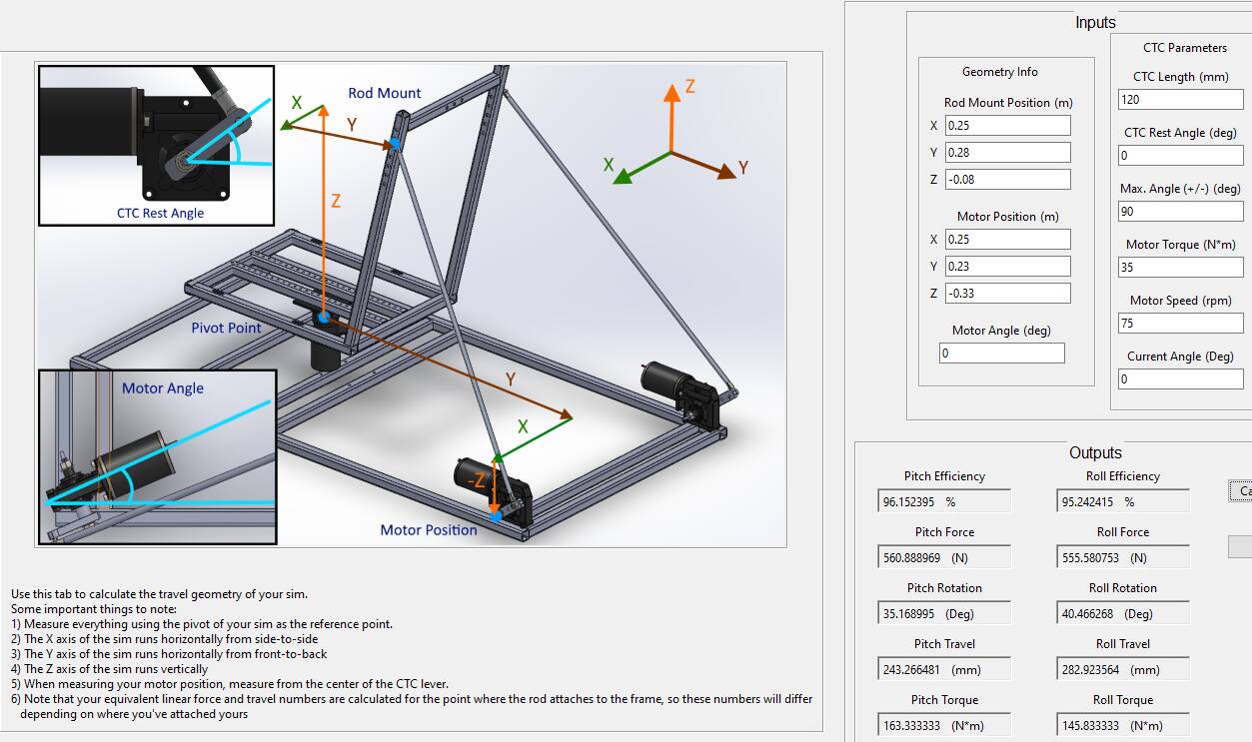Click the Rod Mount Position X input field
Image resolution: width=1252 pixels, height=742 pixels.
point(1008,125)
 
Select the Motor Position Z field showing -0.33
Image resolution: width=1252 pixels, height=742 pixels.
point(1008,294)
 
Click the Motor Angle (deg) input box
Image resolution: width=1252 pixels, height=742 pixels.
point(1001,354)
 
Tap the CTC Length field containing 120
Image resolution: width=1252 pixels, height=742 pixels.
point(1180,100)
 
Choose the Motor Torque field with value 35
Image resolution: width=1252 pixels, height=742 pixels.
point(1180,267)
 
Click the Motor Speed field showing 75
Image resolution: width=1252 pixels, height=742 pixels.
point(1180,323)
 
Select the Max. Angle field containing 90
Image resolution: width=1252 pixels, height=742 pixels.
point(1180,211)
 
